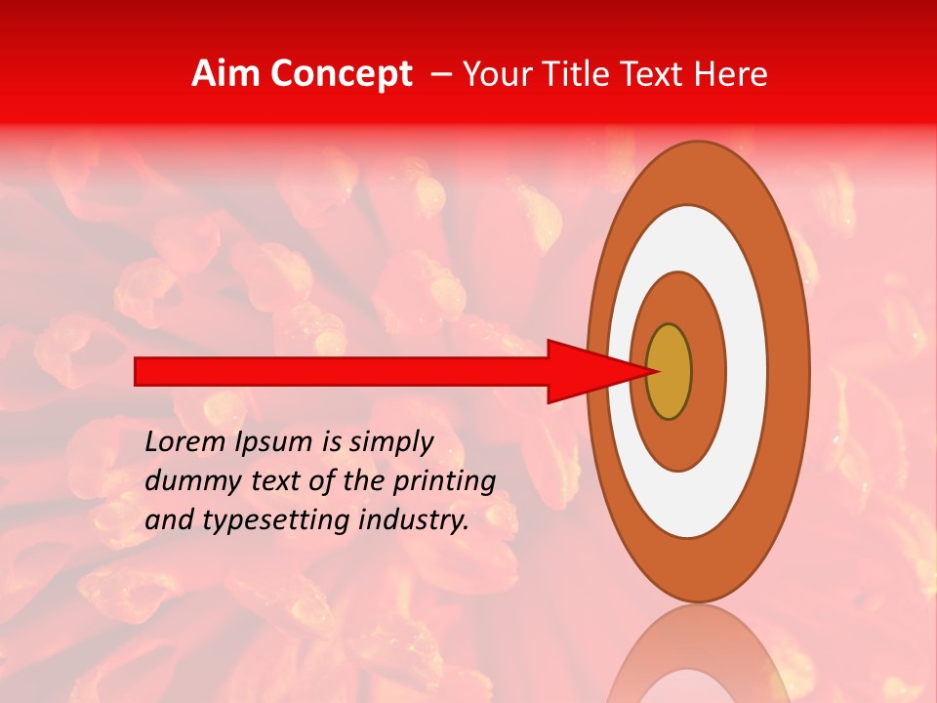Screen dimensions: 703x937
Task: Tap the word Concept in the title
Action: click(x=341, y=74)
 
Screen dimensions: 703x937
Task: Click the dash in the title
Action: click(x=440, y=75)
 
